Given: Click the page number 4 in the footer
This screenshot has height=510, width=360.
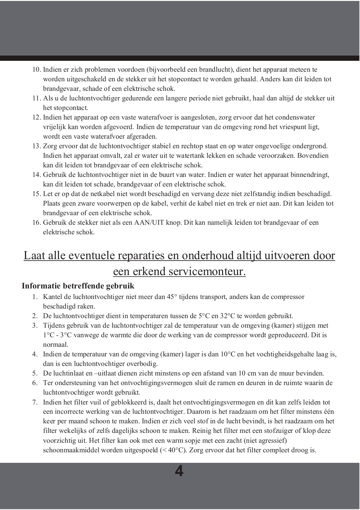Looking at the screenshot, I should (179, 471).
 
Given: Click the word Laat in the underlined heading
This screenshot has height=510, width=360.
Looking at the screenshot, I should (35, 256).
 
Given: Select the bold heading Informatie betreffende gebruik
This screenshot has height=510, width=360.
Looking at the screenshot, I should (78, 286).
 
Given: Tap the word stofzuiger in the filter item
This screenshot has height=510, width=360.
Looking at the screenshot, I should (278, 431).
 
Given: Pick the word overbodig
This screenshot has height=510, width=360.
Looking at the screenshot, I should (142, 364).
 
